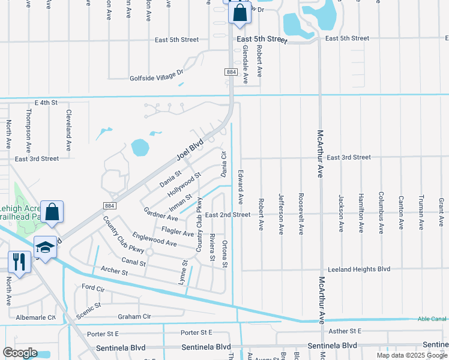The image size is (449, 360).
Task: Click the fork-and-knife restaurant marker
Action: [19, 262]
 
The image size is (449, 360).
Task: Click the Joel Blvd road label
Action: [190, 149]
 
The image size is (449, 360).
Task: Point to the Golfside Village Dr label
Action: [156, 77]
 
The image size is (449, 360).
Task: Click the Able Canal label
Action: [432, 319]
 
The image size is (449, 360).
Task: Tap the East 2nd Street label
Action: [228, 214]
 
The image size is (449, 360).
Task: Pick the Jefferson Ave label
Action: [281, 213]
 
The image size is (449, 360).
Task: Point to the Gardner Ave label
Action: [161, 213]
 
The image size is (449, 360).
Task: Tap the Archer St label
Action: [115, 272]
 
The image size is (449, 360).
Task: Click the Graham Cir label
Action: [134, 316]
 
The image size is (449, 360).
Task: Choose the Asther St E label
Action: [343, 331]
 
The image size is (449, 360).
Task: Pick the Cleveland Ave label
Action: [69, 130]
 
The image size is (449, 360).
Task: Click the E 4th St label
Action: [46, 103]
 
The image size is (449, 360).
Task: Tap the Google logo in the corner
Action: [20, 353]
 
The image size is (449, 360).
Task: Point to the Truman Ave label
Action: [421, 212]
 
